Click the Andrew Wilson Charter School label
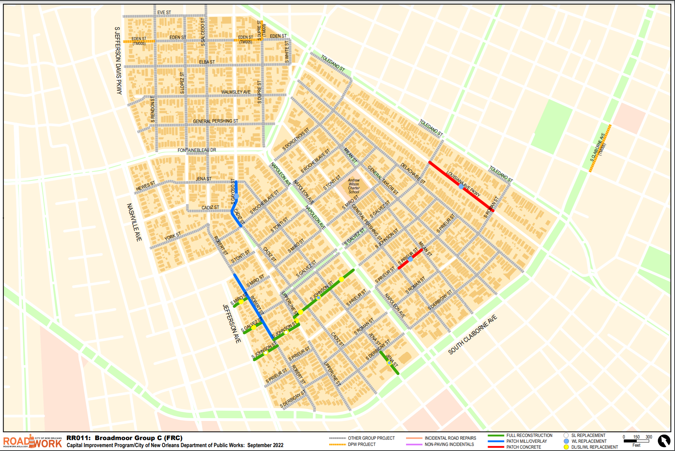click(x=354, y=186)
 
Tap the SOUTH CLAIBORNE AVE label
click(x=472, y=335)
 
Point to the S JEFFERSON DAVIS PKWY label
click(x=118, y=61)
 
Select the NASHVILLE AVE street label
click(x=134, y=222)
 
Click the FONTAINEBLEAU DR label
click(x=197, y=150)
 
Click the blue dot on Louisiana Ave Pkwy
click(x=461, y=187)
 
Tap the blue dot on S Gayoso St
click(x=236, y=196)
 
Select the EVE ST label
click(x=164, y=12)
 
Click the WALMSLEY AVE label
click(x=236, y=92)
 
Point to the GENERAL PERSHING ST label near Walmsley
click(x=215, y=121)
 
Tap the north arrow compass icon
click(x=664, y=441)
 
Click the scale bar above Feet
click(x=636, y=441)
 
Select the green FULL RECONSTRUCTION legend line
click(x=496, y=435)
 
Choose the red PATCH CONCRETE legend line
click(x=496, y=447)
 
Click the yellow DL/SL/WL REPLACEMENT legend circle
click(x=566, y=447)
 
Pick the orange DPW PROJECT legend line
click(x=337, y=444)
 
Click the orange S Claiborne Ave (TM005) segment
click(x=600, y=148)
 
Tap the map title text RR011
click(x=78, y=438)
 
